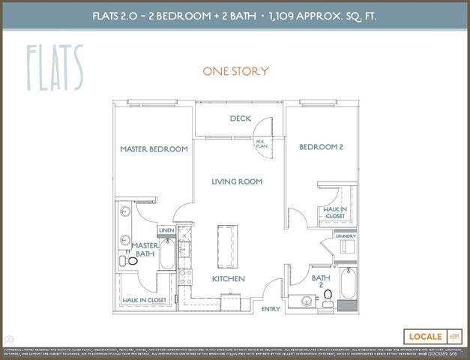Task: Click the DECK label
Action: click(x=240, y=118)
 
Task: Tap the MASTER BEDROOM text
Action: click(x=154, y=149)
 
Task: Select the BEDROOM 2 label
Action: click(x=321, y=147)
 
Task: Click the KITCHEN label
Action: click(x=229, y=279)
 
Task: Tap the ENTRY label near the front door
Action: click(x=270, y=308)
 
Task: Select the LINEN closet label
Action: click(x=166, y=230)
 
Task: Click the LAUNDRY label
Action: click(x=346, y=235)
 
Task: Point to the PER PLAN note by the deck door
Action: click(x=261, y=143)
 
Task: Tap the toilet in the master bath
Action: click(x=131, y=262)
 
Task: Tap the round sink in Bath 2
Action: click(x=306, y=301)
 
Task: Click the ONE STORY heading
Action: click(x=235, y=71)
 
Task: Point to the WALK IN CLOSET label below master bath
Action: click(x=144, y=300)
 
